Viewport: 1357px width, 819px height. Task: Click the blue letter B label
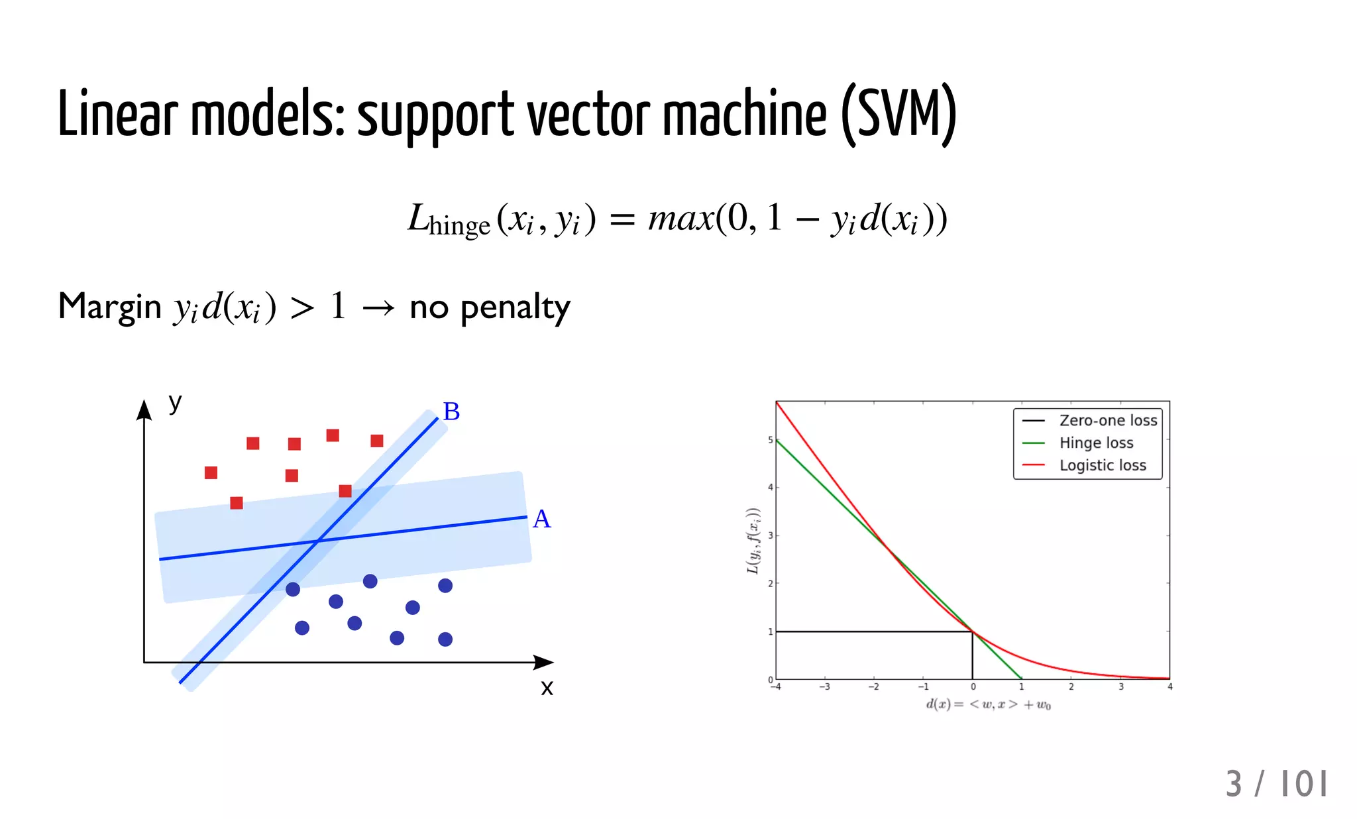[x=451, y=411]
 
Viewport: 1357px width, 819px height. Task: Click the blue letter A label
[x=541, y=519]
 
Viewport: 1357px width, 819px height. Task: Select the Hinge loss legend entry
[x=1096, y=443]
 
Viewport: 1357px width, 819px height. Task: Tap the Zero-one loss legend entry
[x=1107, y=420]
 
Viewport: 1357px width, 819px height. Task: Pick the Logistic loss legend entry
[x=1102, y=465]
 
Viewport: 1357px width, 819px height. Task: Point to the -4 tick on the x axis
[x=776, y=687]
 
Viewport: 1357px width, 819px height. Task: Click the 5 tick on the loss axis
[x=770, y=440]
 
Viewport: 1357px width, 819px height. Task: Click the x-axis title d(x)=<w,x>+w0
[x=988, y=704]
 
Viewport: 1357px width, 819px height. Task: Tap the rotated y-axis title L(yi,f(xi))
[x=753, y=541]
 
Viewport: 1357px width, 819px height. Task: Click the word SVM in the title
[x=899, y=114]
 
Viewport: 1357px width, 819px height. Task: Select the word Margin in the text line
[x=110, y=307]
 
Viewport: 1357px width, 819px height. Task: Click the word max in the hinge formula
[x=680, y=218]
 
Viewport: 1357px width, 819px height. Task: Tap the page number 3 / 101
[x=1276, y=784]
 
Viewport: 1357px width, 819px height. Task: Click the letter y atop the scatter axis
[x=175, y=402]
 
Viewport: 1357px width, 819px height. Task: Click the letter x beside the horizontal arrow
[x=547, y=688]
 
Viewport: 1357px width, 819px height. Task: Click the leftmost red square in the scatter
[x=211, y=472]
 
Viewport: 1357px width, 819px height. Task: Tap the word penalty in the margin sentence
[x=515, y=307]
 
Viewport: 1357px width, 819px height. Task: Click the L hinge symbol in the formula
[x=448, y=220]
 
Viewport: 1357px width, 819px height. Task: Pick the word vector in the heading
[x=588, y=114]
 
